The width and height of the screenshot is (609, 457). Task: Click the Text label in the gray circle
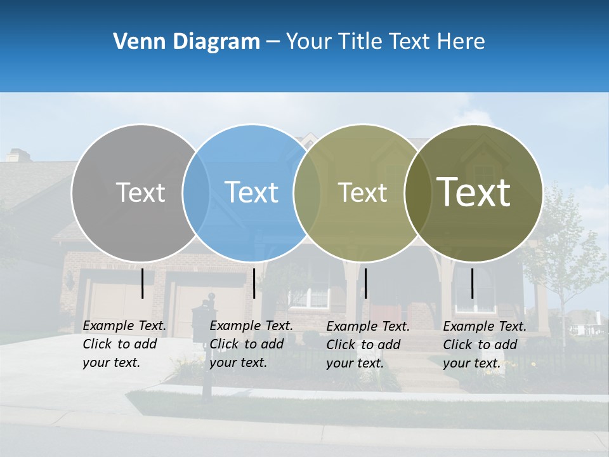[140, 192]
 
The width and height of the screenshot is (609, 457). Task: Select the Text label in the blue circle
[251, 192]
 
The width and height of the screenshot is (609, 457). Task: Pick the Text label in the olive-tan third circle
[362, 192]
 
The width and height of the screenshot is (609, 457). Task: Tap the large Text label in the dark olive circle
[473, 192]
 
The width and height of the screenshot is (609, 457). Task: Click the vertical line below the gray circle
[142, 283]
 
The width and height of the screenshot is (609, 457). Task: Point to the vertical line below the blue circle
[254, 283]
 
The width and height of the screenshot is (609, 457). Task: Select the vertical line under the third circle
[365, 283]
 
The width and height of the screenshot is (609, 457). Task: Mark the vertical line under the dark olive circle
[472, 283]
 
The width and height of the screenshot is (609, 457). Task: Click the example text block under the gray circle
[124, 344]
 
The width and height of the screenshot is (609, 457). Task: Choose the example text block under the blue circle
[251, 344]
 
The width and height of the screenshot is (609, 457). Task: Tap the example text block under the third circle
[368, 345]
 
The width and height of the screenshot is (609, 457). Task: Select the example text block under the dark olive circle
[485, 345]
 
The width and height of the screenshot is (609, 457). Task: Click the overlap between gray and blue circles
[196, 193]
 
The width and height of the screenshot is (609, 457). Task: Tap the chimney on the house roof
[18, 155]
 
